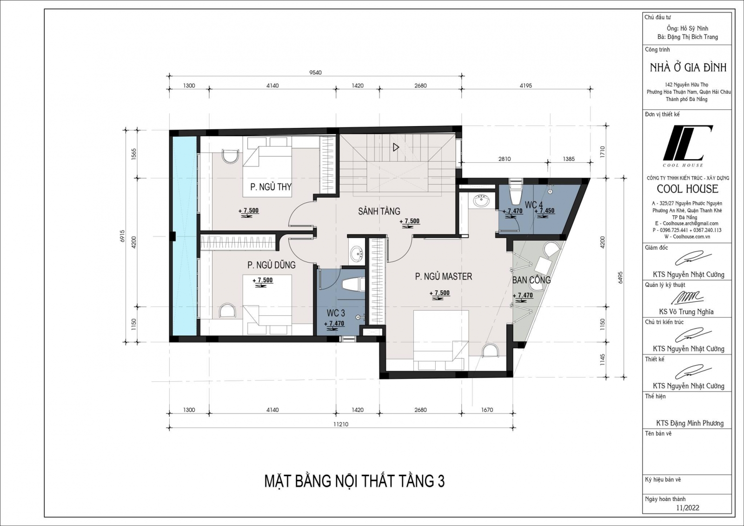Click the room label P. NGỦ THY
[271, 187]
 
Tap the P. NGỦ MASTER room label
[443, 277]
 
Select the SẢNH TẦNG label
[379, 212]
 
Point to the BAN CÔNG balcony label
[531, 280]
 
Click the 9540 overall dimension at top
[315, 73]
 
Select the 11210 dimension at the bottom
[340, 424]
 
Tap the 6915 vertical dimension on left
[122, 236]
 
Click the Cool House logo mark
[687, 143]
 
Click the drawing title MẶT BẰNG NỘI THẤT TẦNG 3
[354, 481]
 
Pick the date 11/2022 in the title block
[687, 508]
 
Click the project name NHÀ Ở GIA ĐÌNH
[688, 68]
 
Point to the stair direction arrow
[396, 147]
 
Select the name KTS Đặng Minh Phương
[690, 423]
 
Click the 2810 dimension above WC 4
[505, 159]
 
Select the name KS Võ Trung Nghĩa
[686, 312]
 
